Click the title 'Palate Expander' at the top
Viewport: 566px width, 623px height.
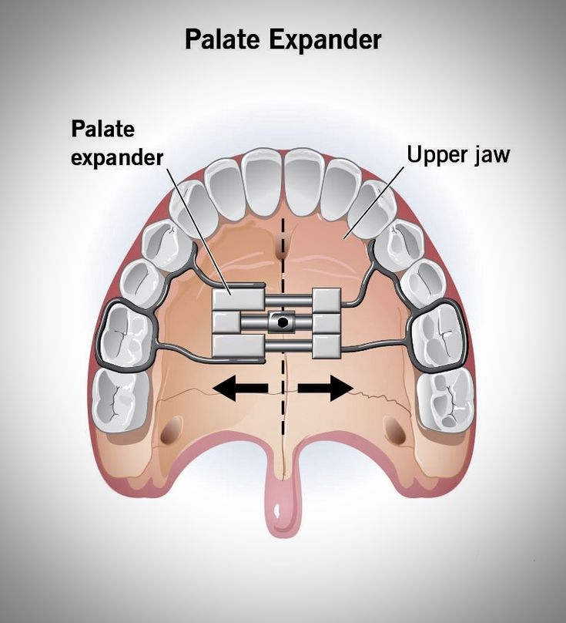point(283,39)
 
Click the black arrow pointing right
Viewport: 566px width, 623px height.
point(325,389)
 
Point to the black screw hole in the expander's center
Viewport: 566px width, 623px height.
point(283,321)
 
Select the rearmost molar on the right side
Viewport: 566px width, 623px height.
point(445,397)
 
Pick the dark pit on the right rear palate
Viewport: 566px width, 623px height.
point(396,432)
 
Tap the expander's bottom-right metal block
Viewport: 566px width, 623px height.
point(327,345)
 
